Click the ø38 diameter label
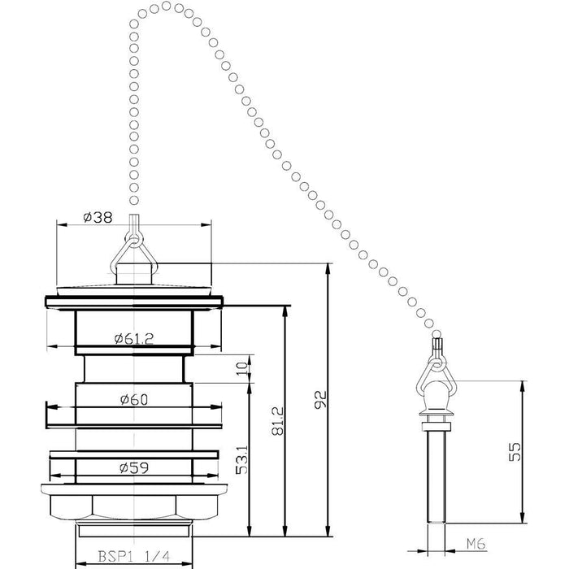[98, 217]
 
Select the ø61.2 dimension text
[134, 339]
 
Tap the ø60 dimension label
[134, 400]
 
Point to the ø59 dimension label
[134, 467]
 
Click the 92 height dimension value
[321, 400]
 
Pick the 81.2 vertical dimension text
[278, 421]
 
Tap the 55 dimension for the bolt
[515, 451]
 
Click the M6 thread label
[476, 544]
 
